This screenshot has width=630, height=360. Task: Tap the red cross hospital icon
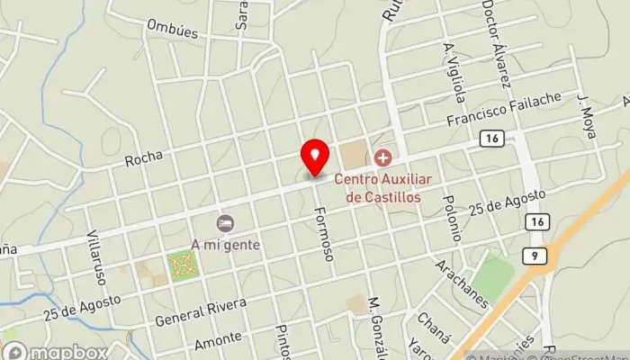tap(382, 159)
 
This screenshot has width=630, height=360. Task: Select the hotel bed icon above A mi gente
tap(224, 222)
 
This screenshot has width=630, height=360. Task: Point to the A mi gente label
tap(225, 243)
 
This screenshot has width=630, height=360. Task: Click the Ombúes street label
tap(172, 27)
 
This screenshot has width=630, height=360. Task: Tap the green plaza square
tap(183, 265)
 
